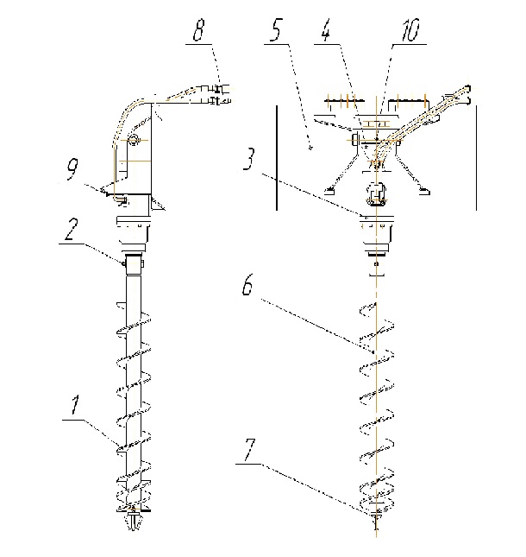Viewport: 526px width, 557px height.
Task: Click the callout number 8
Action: pos(199,30)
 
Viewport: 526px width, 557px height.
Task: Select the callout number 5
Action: pos(276,30)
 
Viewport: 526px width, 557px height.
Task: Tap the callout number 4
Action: pos(326,30)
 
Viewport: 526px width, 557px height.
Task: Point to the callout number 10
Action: pos(410,30)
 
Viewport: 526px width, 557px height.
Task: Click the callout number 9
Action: pos(72,168)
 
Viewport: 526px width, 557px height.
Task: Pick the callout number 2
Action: pos(72,229)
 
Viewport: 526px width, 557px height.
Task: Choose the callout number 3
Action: pos(249,159)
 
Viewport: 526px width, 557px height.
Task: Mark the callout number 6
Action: pos(247,284)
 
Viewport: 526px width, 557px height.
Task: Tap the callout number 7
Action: pos(250,449)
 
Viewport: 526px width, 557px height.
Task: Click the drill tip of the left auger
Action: pos(133,522)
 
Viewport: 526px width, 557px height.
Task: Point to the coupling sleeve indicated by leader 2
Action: pos(134,263)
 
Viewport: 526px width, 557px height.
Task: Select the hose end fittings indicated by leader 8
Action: pos(217,94)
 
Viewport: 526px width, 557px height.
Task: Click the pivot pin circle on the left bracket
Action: pos(133,140)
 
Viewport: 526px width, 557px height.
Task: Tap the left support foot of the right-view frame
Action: pos(329,192)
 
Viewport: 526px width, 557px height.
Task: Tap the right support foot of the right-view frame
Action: pos(424,192)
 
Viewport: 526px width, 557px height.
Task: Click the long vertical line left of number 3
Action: pos(277,158)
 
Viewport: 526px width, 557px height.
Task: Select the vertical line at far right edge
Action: pos(476,158)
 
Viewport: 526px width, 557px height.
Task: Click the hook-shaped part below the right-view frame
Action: pos(376,194)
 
